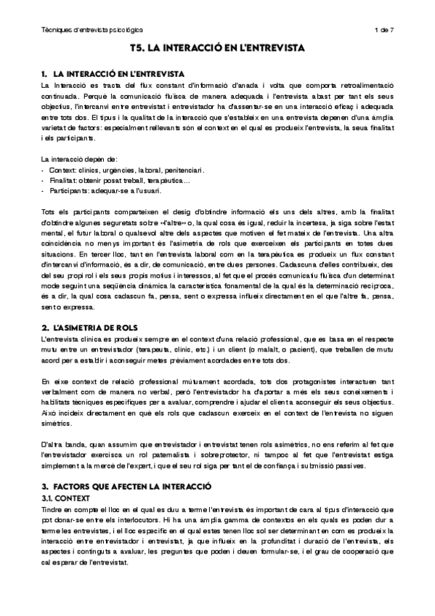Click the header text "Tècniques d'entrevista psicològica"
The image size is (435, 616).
(x=92, y=30)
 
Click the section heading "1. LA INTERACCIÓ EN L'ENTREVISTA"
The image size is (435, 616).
(x=113, y=74)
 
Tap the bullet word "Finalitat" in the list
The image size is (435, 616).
(x=63, y=180)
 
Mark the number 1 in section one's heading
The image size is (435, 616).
(x=44, y=74)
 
